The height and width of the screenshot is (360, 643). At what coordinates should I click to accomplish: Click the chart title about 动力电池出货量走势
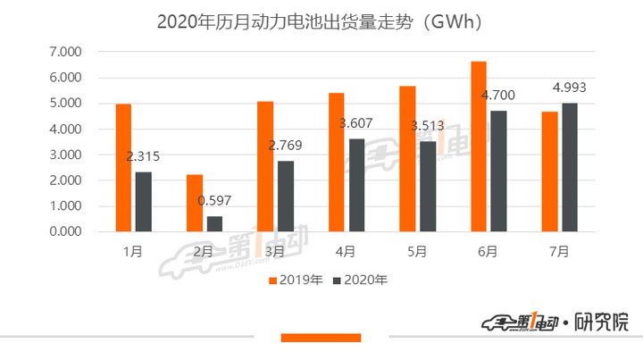pos(321,21)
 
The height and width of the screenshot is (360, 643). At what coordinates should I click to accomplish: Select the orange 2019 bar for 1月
pos(123,168)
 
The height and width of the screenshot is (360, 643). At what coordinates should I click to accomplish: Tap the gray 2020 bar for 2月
pos(214,223)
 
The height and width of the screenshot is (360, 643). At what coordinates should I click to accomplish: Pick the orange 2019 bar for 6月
pos(478,147)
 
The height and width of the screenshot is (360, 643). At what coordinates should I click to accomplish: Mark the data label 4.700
pos(498,95)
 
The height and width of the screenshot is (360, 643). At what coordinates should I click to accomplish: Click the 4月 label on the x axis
pos(345,253)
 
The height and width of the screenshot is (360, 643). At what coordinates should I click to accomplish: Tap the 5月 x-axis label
pos(417,253)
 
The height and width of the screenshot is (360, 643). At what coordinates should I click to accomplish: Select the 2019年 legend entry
pos(295,280)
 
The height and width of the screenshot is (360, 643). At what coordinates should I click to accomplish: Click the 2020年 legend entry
pos(359,280)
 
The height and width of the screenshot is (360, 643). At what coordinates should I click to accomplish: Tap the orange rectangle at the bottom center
pos(321,337)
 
